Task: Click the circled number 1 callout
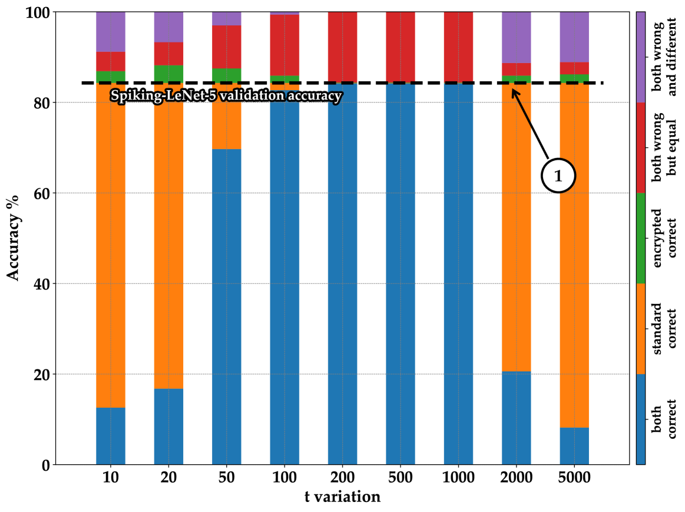pyautogui.click(x=558, y=176)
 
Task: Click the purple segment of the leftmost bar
pyautogui.click(x=111, y=32)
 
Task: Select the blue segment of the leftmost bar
pyautogui.click(x=111, y=435)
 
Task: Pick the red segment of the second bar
pyautogui.click(x=168, y=54)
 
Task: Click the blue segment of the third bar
pyautogui.click(x=227, y=306)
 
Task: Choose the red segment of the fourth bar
pyautogui.click(x=284, y=45)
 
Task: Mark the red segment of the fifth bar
pyautogui.click(x=342, y=47)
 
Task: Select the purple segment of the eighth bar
pyautogui.click(x=516, y=37)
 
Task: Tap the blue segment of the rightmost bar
pyautogui.click(x=574, y=445)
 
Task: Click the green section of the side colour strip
pyautogui.click(x=641, y=238)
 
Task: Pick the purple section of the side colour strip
pyautogui.click(x=641, y=57)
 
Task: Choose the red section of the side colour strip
pyautogui.click(x=641, y=147)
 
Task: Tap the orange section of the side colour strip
pyautogui.click(x=641, y=328)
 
